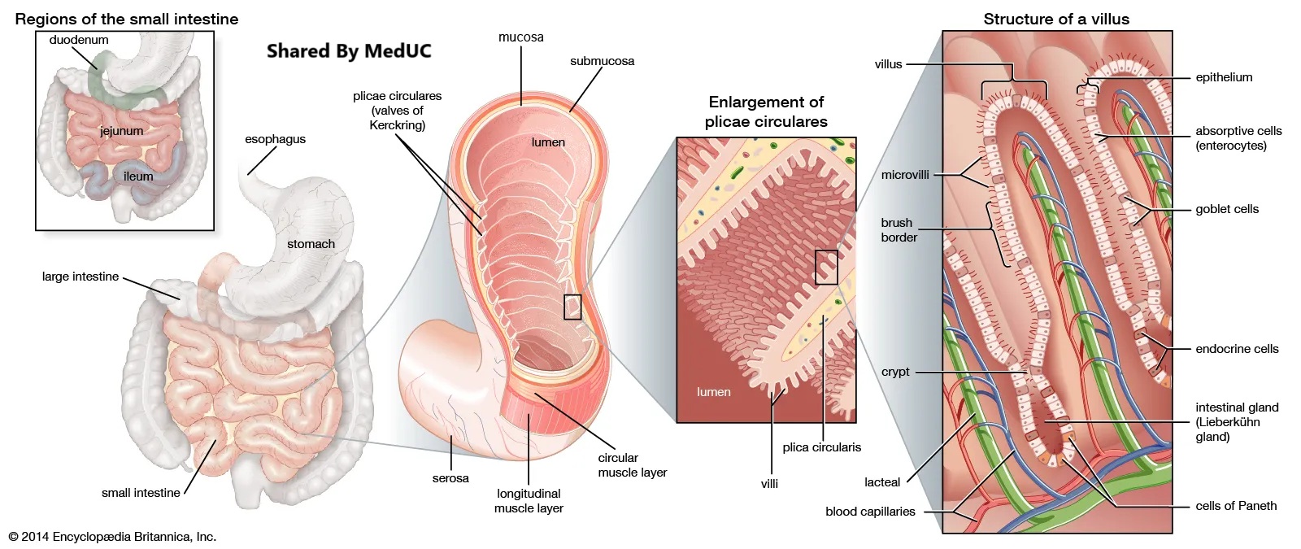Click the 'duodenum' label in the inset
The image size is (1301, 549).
click(x=78, y=40)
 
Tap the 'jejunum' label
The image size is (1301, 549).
click(x=121, y=131)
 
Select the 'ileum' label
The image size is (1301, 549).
click(x=138, y=176)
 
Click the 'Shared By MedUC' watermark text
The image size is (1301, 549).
click(x=349, y=51)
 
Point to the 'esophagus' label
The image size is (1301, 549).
click(x=275, y=139)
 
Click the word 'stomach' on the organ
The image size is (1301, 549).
click(x=311, y=244)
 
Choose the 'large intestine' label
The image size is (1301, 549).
click(x=80, y=277)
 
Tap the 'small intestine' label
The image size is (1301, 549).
click(x=141, y=493)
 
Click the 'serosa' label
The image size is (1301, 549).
click(x=450, y=478)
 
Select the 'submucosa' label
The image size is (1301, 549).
click(x=602, y=61)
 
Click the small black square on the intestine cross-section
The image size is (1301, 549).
click(x=572, y=307)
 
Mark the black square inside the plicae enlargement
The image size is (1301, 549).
click(x=826, y=267)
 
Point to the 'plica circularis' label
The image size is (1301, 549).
click(x=821, y=447)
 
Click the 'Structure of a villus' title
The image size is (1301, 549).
click(x=1056, y=19)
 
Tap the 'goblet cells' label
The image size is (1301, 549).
click(x=1226, y=209)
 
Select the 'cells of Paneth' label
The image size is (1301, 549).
click(x=1236, y=506)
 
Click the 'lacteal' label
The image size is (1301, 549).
click(x=882, y=482)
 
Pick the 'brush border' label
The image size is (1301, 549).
click(x=899, y=230)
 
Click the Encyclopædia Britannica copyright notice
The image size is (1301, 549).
click(x=112, y=537)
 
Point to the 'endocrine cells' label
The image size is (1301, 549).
click(x=1237, y=349)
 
